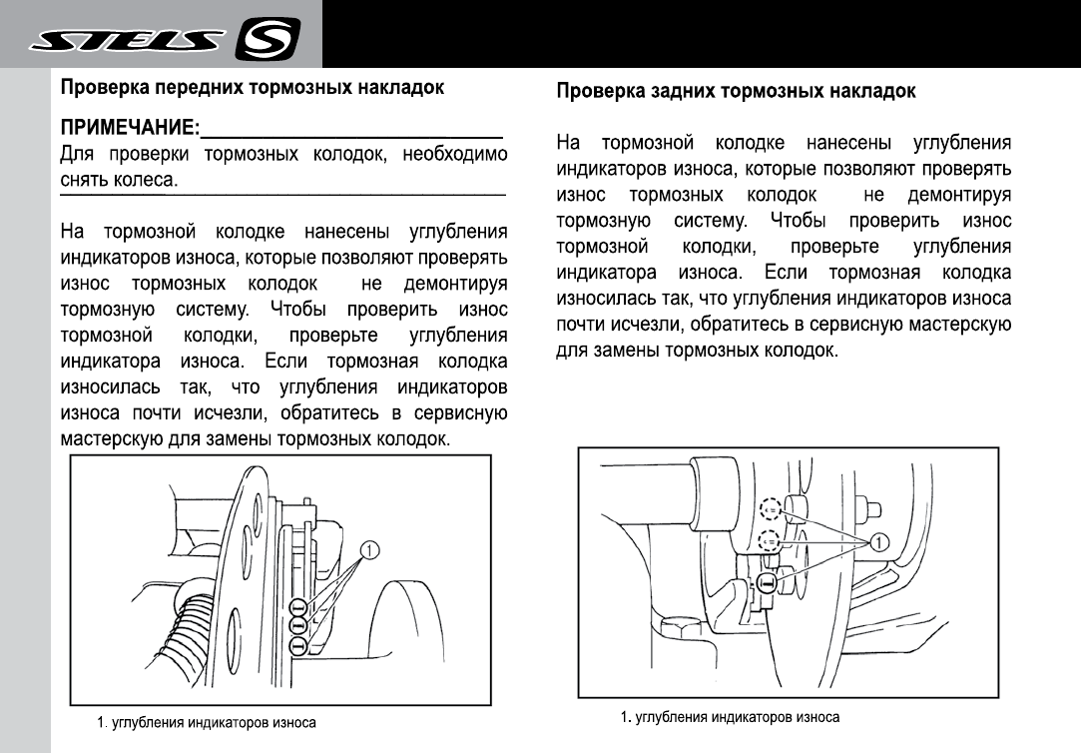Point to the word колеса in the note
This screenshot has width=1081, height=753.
pos(147,181)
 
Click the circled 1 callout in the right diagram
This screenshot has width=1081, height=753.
pos(879,542)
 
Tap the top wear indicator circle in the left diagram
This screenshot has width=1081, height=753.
pos(297,607)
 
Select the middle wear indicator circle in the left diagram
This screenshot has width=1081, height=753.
pos(297,626)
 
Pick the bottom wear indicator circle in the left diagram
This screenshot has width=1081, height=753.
pos(297,646)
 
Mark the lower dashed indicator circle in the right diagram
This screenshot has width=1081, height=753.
pos(768,542)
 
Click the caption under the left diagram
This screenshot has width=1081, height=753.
pos(207,722)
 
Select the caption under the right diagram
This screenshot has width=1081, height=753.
pos(730,717)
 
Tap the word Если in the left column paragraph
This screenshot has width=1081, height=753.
pos(284,360)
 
